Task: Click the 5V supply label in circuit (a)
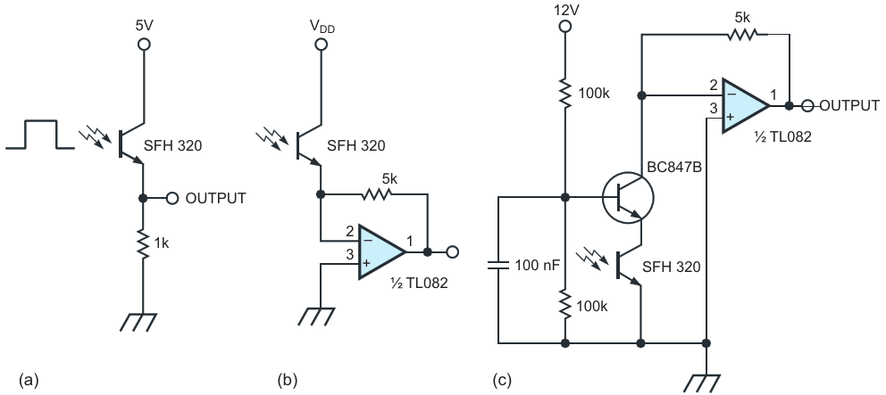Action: (x=144, y=25)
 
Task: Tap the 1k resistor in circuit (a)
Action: (x=144, y=243)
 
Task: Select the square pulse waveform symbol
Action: (x=39, y=135)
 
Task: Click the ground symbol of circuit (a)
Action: (x=139, y=321)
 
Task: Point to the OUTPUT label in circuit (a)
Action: (x=216, y=199)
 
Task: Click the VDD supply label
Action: (x=321, y=27)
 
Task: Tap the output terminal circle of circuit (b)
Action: (x=452, y=252)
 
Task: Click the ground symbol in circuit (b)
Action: (x=315, y=317)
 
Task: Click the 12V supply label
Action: (x=564, y=10)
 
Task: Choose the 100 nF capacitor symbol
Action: (x=498, y=265)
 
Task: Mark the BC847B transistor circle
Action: (x=628, y=198)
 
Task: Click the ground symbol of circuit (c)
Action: (x=700, y=384)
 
